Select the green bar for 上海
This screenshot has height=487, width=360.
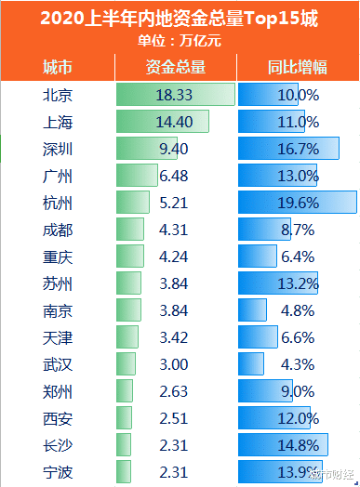click(x=163, y=122)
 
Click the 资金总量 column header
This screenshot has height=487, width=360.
click(x=176, y=67)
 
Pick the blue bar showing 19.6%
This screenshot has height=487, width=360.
click(x=297, y=203)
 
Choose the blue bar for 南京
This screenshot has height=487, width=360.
click(x=252, y=309)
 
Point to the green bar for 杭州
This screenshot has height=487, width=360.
click(x=133, y=203)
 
